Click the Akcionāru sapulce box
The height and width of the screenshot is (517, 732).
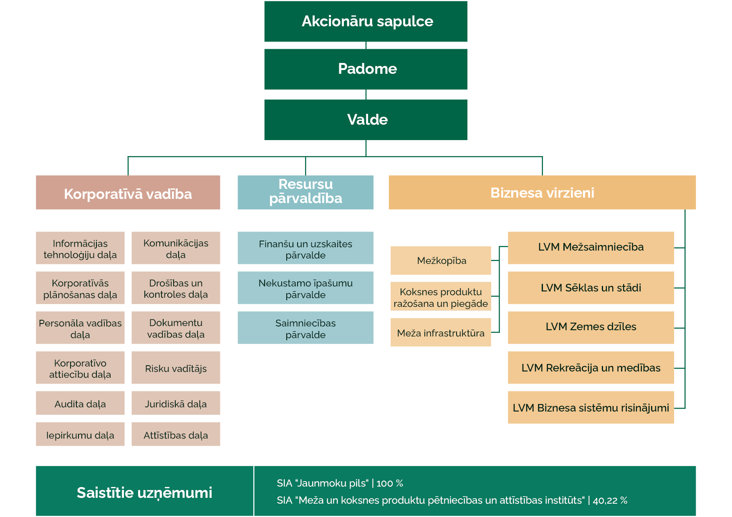[x=366, y=21]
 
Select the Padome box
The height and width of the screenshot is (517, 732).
[x=366, y=69]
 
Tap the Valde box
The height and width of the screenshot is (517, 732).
[x=366, y=120]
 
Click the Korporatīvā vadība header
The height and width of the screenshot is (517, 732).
[x=128, y=193]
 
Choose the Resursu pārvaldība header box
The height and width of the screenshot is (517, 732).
[x=305, y=192]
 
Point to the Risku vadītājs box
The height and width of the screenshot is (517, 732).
[x=176, y=368]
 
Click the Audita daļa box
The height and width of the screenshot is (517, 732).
[x=80, y=403]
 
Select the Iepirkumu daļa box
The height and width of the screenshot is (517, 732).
[x=80, y=434]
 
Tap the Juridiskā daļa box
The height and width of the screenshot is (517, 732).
[x=176, y=403]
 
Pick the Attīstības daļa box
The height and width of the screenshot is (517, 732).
[x=176, y=434]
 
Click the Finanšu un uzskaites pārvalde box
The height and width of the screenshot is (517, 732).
[x=305, y=248]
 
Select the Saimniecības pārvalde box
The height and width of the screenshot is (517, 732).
[x=305, y=328]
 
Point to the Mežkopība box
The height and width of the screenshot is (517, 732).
[x=441, y=261]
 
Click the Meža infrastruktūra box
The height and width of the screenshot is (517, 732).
[x=441, y=333]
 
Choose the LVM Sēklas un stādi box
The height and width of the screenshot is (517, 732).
[x=591, y=288]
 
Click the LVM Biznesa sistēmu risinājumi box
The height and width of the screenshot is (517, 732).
[x=591, y=408]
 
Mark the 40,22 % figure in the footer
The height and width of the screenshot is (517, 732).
[x=610, y=500]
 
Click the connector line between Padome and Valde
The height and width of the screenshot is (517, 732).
[x=366, y=95]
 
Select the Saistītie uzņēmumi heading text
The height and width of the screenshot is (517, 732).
[x=144, y=492]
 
